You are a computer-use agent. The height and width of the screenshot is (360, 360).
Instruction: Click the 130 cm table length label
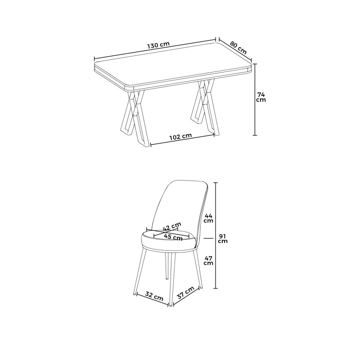157,45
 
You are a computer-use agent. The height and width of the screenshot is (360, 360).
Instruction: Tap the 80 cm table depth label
238,47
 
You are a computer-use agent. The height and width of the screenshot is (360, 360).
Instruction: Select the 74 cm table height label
261,97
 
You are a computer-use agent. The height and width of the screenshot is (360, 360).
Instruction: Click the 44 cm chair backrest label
208,218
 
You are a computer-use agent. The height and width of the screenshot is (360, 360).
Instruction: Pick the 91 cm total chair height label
223,238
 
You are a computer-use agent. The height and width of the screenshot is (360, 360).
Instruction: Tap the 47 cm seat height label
208,260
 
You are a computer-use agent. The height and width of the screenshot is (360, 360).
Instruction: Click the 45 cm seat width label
173,236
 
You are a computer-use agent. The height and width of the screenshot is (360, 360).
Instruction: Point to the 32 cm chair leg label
154,297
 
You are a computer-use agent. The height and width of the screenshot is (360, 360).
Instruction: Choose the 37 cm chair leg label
185,294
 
